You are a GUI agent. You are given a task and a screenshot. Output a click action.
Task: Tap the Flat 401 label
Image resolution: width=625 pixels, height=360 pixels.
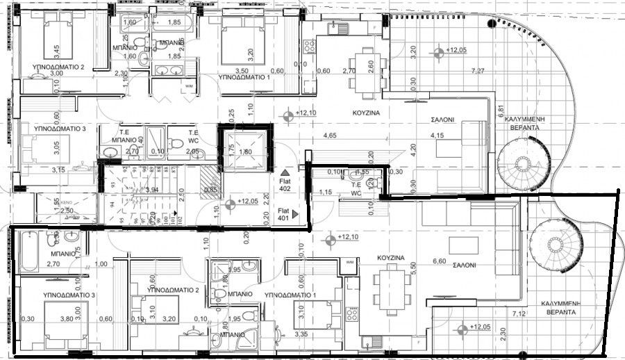(x=283, y=213)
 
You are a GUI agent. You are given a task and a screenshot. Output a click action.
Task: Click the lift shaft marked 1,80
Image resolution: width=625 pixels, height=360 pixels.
(x=245, y=152)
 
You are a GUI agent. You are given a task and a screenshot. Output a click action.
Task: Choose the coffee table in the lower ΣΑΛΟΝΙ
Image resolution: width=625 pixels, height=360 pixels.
(x=463, y=245)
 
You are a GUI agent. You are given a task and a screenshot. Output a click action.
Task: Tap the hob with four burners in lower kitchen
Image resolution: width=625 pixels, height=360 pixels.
(x=352, y=312)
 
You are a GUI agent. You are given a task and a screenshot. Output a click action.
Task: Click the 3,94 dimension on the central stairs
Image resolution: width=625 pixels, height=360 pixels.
(x=152, y=189)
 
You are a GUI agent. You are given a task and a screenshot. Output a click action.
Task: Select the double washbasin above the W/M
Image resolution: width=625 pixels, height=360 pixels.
(x=167, y=69)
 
